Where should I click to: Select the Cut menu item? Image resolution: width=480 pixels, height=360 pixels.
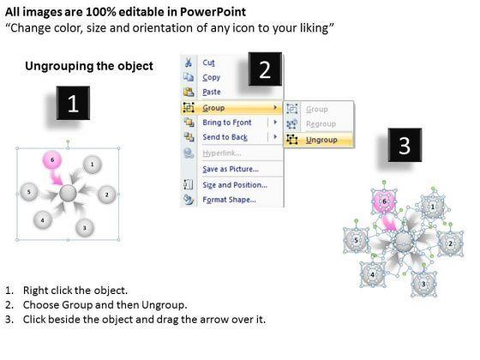pyautogui.click(x=208, y=63)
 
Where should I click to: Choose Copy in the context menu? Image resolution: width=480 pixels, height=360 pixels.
pyautogui.click(x=211, y=77)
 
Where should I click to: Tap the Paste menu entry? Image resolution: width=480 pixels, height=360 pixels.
pyautogui.click(x=212, y=92)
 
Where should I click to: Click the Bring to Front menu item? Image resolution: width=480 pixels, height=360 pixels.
pyautogui.click(x=227, y=123)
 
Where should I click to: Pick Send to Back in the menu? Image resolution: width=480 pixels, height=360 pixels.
pyautogui.click(x=225, y=137)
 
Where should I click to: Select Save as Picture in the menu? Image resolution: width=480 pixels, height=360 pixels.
pyautogui.click(x=231, y=169)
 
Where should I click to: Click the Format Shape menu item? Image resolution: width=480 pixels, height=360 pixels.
pyautogui.click(x=230, y=200)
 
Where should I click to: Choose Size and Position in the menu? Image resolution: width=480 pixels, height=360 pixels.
pyautogui.click(x=235, y=185)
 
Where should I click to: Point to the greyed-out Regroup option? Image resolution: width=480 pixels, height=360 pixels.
pyautogui.click(x=321, y=124)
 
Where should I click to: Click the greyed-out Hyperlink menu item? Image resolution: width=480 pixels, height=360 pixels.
pyautogui.click(x=222, y=153)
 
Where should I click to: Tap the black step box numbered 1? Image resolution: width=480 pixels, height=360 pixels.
pyautogui.click(x=73, y=103)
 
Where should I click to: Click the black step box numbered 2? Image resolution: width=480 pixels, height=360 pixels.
pyautogui.click(x=265, y=69)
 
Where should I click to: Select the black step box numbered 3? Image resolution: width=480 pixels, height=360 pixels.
pyautogui.click(x=405, y=145)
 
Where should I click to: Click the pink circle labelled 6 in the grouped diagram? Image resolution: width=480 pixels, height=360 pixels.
pyautogui.click(x=52, y=160)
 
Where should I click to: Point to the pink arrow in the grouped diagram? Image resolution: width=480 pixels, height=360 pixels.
pyautogui.click(x=56, y=177)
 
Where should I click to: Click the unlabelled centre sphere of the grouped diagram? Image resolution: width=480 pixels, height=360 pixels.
pyautogui.click(x=68, y=194)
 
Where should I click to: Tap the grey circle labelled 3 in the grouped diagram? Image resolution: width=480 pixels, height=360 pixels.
pyautogui.click(x=85, y=227)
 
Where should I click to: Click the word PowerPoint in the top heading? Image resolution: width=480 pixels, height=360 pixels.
pyautogui.click(x=213, y=12)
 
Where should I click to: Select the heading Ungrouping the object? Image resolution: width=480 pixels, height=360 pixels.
pyautogui.click(x=89, y=66)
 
